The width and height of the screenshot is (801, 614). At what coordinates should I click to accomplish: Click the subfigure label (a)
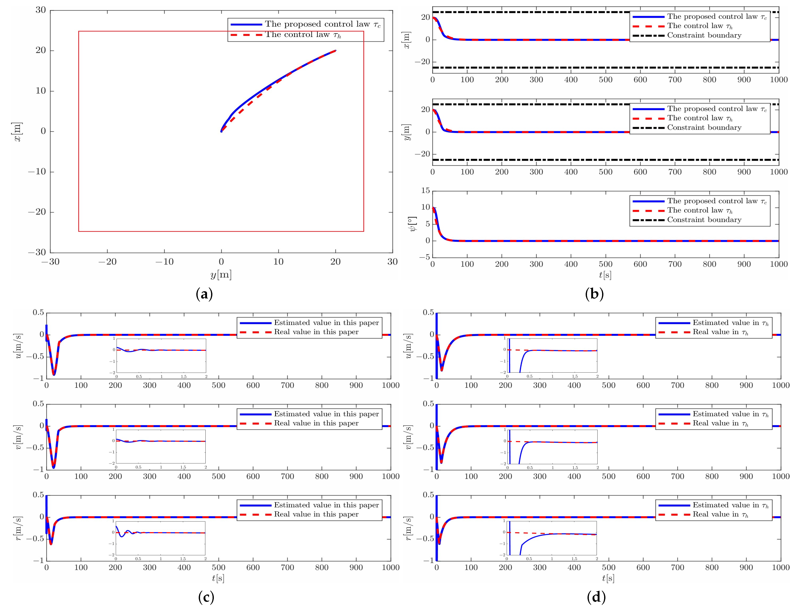pyautogui.click(x=204, y=294)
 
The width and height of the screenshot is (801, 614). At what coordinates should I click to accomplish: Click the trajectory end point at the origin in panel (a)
pyautogui.click(x=221, y=131)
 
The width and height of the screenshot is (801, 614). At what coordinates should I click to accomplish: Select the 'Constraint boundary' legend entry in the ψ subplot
pyautogui.click(x=704, y=220)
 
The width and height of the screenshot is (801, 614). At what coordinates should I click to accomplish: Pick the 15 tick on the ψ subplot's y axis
pyautogui.click(x=425, y=190)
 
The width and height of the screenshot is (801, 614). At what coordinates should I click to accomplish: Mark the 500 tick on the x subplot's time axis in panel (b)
pyautogui.click(x=605, y=80)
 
